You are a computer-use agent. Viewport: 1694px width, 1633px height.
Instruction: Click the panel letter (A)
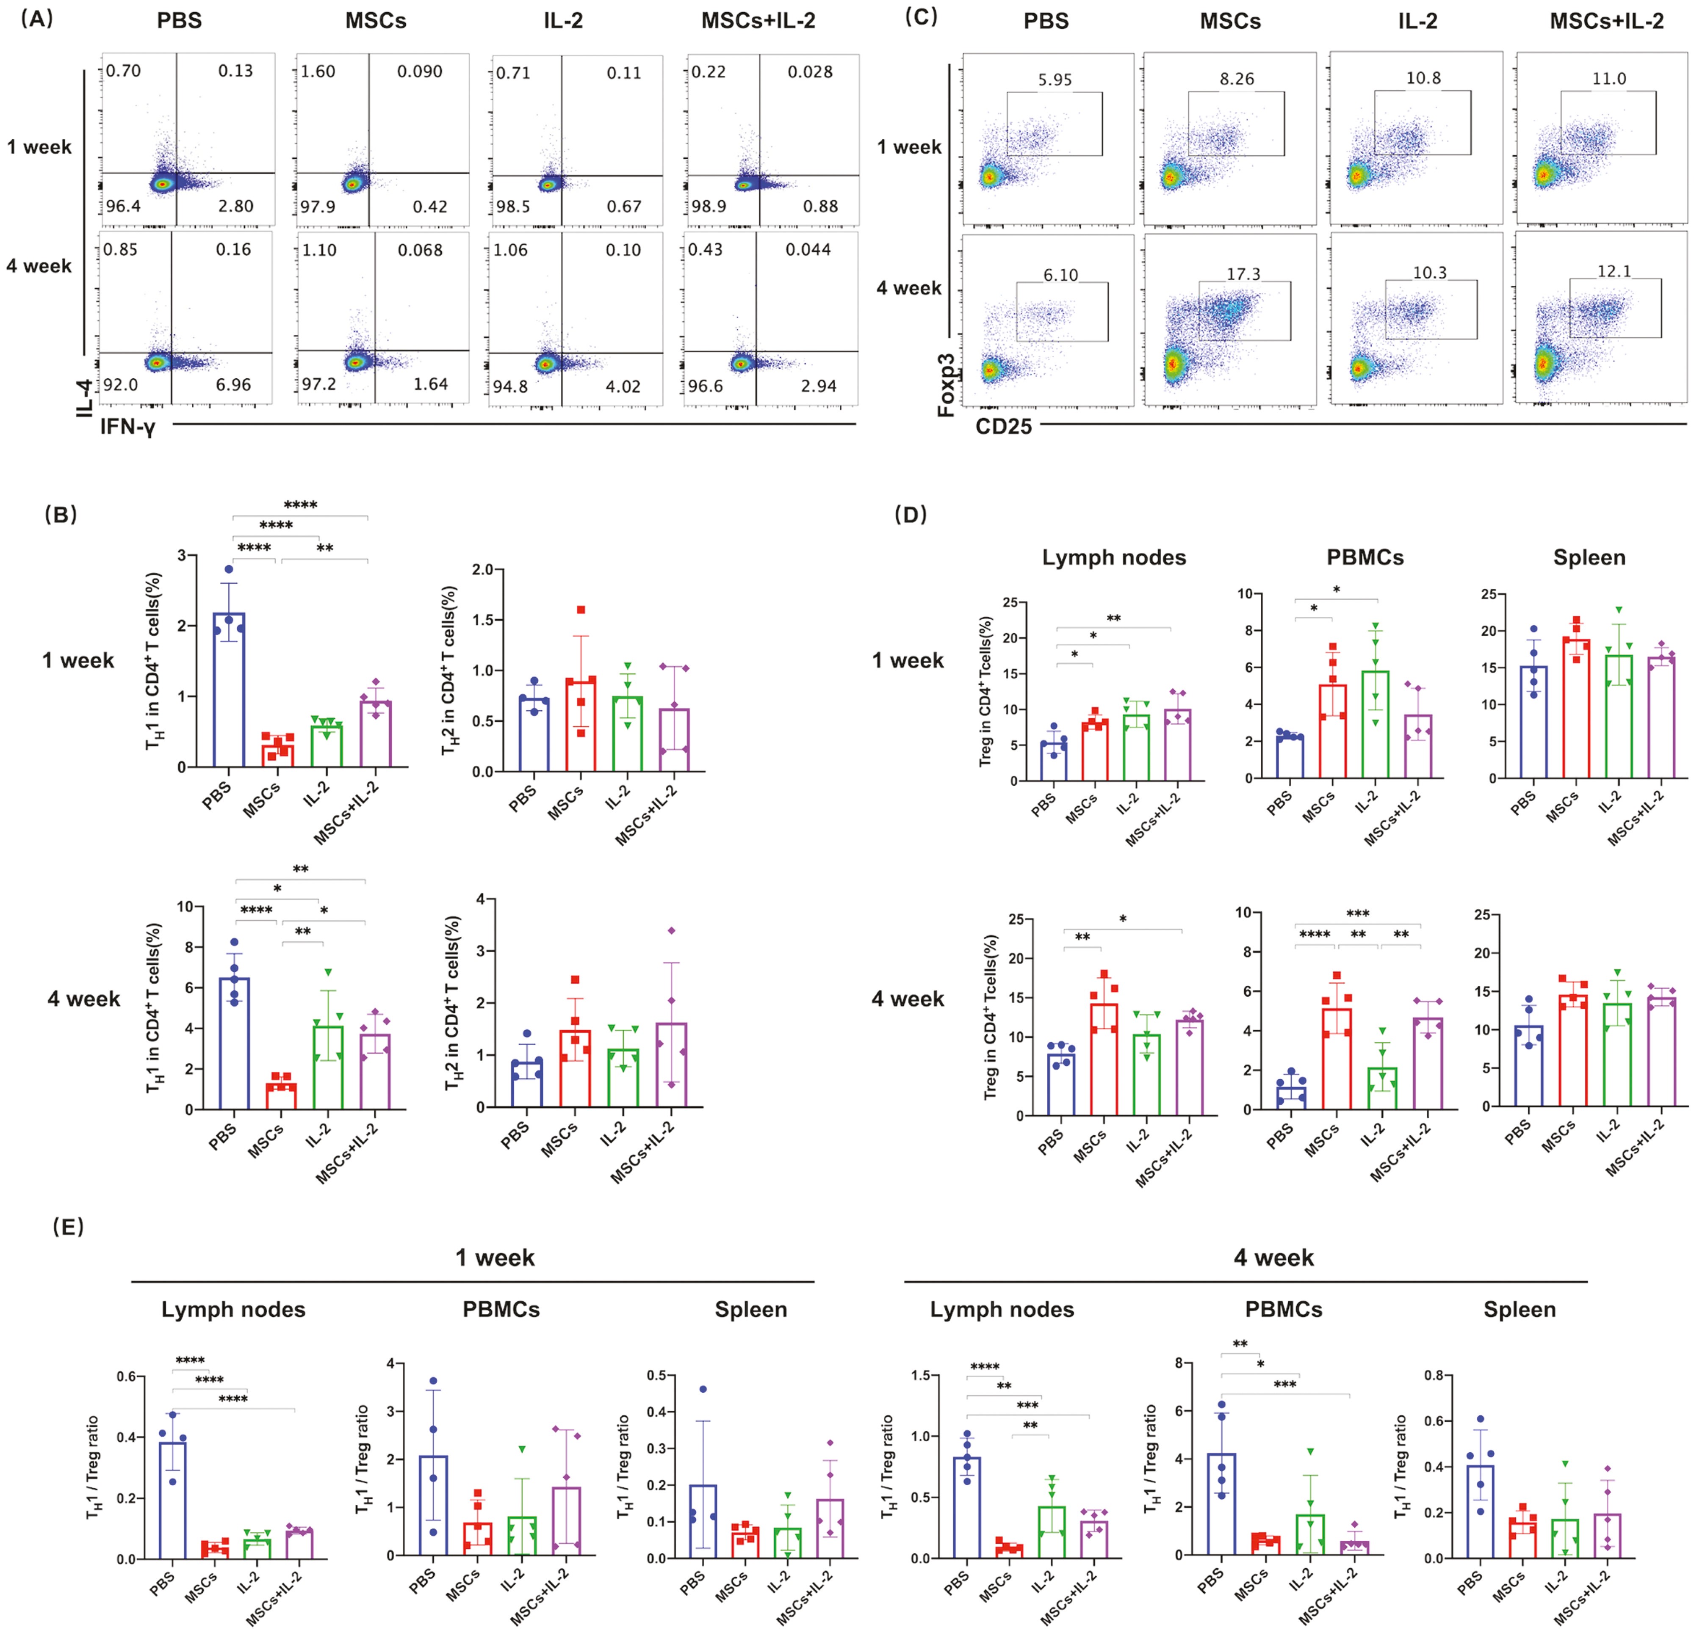[x=36, y=18]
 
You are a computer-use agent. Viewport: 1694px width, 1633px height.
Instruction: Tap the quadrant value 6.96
[x=233, y=384]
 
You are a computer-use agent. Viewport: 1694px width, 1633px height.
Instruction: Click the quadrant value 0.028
[x=810, y=72]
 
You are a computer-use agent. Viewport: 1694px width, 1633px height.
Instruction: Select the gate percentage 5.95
[x=1055, y=80]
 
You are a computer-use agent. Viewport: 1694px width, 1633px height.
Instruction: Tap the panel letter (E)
[x=68, y=1227]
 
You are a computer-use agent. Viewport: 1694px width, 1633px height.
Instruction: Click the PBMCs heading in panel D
[x=1365, y=557]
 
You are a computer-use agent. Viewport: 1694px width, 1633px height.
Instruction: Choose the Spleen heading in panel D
[x=1589, y=557]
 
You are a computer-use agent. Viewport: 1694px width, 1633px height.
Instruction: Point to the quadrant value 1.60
[x=318, y=72]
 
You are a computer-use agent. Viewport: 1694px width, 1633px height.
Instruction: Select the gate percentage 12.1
[x=1614, y=271]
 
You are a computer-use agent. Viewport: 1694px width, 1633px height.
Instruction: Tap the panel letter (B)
[x=61, y=515]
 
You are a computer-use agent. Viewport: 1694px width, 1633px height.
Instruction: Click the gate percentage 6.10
[x=1060, y=275]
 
